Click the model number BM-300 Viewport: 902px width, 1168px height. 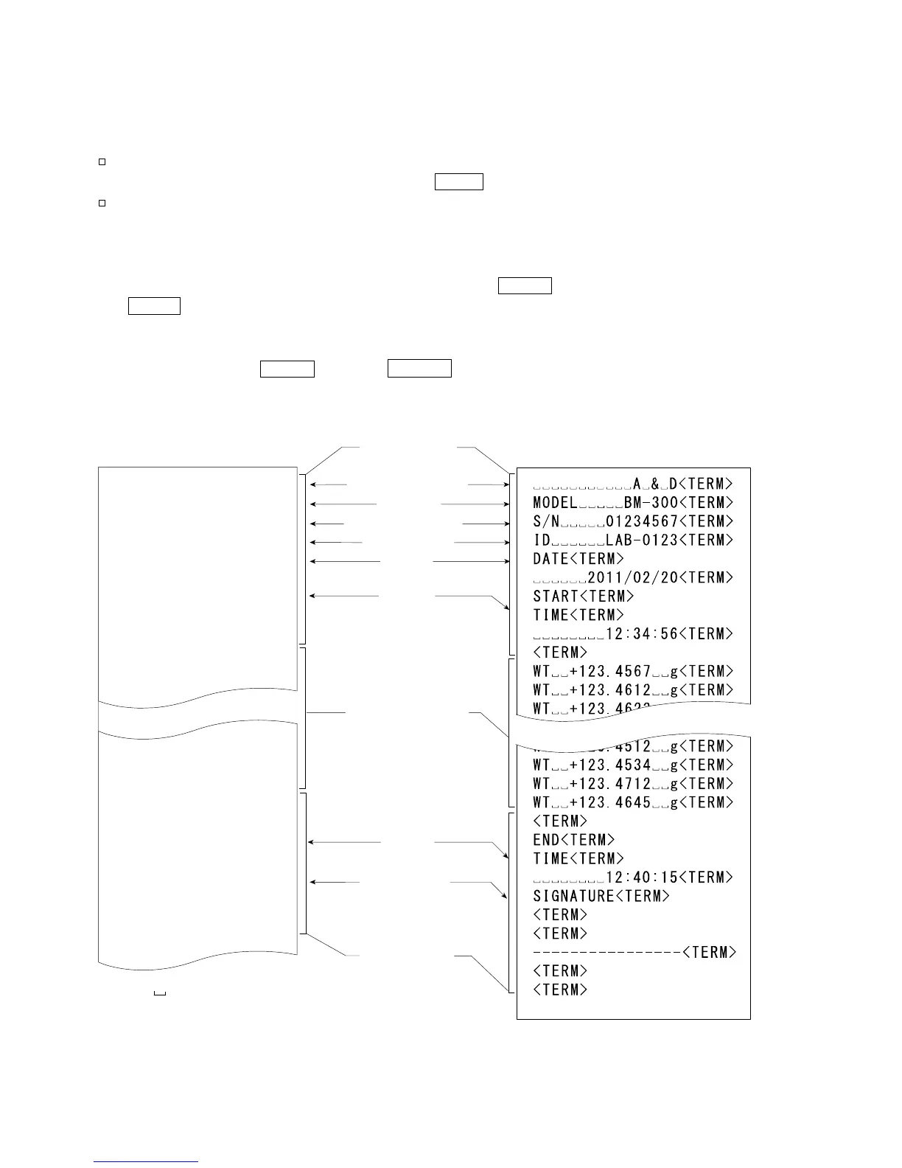coord(651,503)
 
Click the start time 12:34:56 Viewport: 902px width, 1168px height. coord(641,634)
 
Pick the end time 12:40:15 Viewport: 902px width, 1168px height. coord(641,877)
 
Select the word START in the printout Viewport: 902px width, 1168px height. coord(556,597)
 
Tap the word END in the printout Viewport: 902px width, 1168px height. coord(546,840)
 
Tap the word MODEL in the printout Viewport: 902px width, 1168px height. coord(555,503)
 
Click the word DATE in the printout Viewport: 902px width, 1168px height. coord(550,559)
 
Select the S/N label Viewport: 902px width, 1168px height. coord(546,522)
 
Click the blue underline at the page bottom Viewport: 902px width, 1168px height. coord(146,1162)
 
